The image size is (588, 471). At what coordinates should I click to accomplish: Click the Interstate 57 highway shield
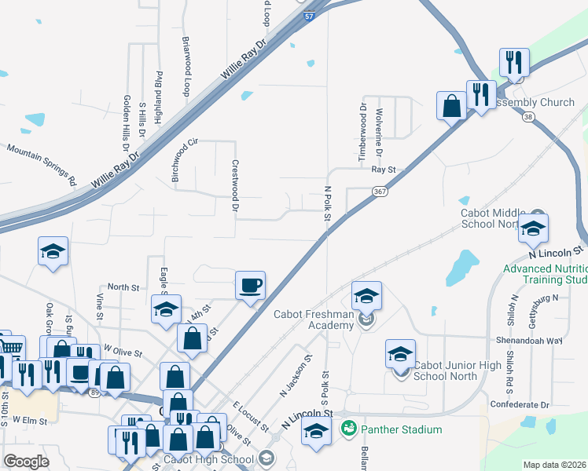tap(311, 16)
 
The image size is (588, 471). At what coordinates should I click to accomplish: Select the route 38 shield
tap(527, 116)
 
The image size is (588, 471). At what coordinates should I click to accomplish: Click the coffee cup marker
tap(251, 285)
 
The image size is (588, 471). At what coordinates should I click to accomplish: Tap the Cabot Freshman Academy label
tap(314, 320)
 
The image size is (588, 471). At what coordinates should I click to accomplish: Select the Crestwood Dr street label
tap(235, 186)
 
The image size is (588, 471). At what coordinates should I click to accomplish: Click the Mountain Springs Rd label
tap(42, 163)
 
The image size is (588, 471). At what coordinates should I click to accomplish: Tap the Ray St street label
tap(383, 169)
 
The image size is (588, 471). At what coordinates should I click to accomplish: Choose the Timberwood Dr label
tap(363, 132)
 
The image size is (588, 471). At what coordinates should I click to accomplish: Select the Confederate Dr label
tap(519, 405)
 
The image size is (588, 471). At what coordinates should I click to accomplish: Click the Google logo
tap(26, 462)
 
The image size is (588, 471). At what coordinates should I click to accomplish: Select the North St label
tap(123, 287)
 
